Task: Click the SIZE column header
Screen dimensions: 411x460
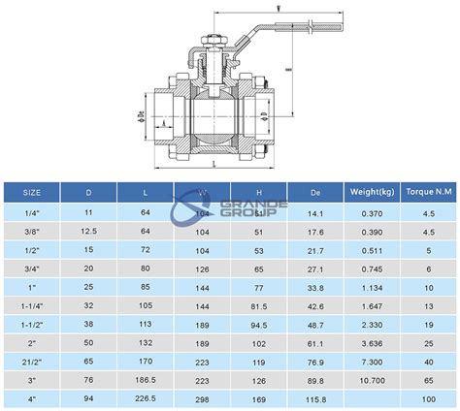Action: point(33,192)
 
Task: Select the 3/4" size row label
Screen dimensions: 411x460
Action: point(33,269)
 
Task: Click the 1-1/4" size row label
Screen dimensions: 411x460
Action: point(33,305)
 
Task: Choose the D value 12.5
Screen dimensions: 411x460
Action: point(89,232)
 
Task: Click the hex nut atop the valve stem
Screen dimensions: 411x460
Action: point(214,40)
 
